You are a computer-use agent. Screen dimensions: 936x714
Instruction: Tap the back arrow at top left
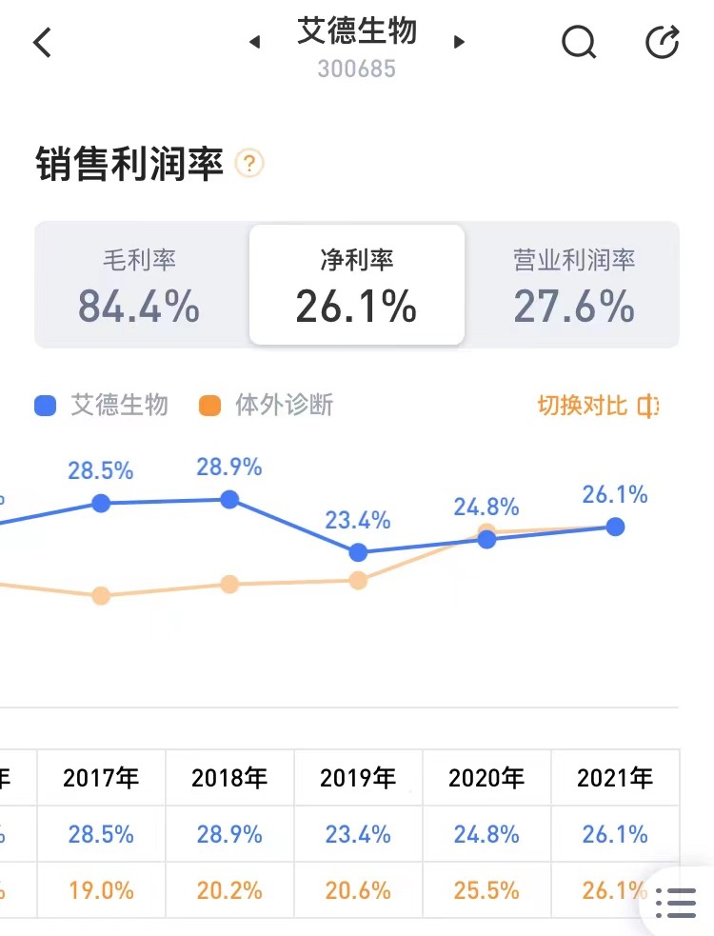(43, 43)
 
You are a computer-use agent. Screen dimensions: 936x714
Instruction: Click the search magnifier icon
(578, 42)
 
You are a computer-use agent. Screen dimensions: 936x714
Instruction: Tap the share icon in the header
(663, 42)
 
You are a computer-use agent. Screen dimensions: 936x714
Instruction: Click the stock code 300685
(356, 70)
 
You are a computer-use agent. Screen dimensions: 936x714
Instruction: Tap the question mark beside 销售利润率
(248, 164)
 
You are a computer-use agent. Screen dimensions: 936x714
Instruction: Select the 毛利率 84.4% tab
(140, 286)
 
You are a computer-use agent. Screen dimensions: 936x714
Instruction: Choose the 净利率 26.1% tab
(356, 286)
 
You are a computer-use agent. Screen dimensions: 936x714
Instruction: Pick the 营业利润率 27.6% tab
(574, 286)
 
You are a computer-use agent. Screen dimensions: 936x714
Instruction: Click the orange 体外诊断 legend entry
(268, 406)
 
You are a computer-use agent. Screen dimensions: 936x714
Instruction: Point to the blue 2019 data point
(358, 552)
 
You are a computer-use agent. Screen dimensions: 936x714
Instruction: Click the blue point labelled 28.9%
(229, 499)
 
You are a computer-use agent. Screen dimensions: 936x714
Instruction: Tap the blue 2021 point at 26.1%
(615, 527)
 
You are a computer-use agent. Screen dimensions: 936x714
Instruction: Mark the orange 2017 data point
(101, 596)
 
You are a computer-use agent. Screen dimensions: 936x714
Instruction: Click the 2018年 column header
(229, 778)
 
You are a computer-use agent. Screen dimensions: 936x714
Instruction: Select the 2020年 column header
(486, 778)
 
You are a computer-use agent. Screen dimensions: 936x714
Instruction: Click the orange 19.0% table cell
(101, 890)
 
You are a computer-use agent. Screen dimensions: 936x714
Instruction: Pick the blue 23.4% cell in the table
(358, 834)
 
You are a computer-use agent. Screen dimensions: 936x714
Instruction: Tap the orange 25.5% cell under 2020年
(486, 890)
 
